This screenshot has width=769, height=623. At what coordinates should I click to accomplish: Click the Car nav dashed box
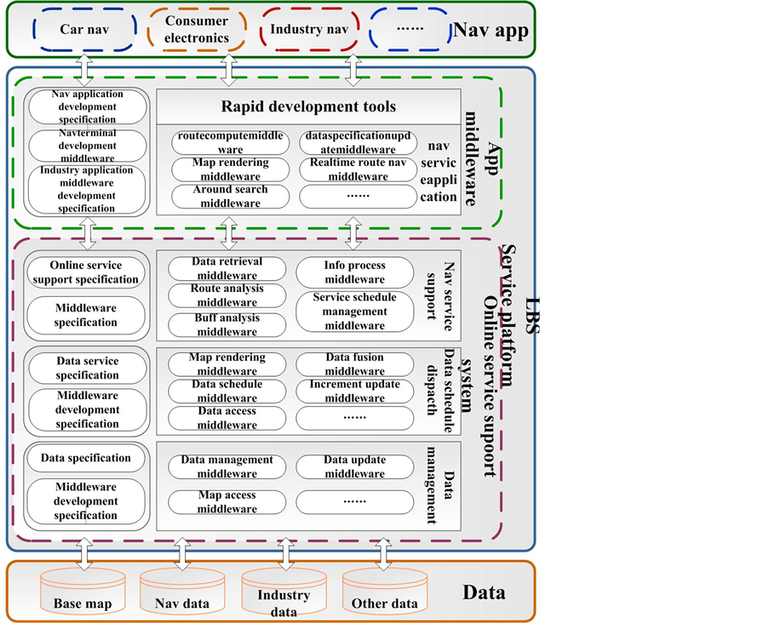(83, 30)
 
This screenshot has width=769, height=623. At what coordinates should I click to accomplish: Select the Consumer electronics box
(197, 30)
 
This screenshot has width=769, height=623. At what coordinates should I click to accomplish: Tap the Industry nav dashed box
(307, 30)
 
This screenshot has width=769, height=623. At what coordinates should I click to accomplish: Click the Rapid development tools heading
(308, 106)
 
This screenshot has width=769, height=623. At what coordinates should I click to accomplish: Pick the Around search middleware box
(218, 197)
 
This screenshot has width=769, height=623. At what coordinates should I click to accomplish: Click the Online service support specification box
(85, 272)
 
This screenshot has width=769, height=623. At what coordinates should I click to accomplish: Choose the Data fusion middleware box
(354, 364)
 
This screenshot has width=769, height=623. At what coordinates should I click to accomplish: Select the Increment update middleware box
(354, 391)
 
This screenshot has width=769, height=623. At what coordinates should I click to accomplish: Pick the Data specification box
(86, 458)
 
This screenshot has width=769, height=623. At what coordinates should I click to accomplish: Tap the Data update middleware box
(354, 466)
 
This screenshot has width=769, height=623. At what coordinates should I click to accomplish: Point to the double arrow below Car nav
(83, 65)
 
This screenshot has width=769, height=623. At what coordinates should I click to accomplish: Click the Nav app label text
(491, 31)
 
